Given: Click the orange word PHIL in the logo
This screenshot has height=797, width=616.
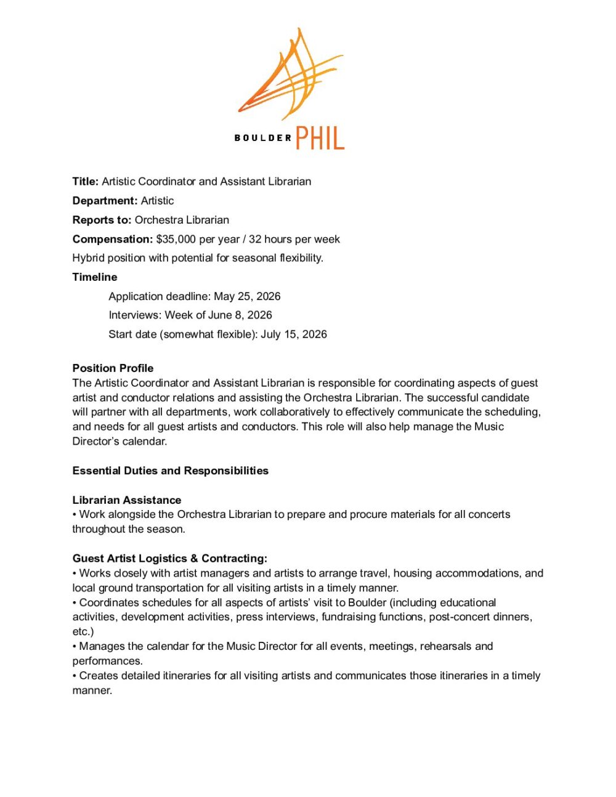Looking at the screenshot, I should pos(320,138).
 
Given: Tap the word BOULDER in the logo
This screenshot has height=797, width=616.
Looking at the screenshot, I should pos(262,138).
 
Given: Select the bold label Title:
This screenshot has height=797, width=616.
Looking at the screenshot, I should pos(86,182).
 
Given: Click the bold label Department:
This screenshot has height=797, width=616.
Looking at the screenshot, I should pos(105,201).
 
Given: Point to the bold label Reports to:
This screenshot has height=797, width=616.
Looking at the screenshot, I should pos(102,220).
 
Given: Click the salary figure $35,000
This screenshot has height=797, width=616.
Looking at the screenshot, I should pos(176,239).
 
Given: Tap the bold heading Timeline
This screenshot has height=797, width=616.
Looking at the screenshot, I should pos(95,277).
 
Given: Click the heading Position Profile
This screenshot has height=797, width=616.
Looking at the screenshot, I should pos(113,368).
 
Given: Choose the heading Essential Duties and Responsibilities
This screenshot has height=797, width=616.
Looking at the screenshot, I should pos(171,471).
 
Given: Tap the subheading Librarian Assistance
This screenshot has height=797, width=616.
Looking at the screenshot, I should pos(127,500).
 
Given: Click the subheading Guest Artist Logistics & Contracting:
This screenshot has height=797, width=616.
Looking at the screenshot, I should pos(170,559).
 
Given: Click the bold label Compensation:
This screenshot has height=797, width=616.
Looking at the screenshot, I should pos(113,239).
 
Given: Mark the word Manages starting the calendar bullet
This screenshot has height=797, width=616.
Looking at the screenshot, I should pos(102,646).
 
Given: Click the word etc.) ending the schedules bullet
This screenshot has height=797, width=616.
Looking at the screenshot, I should pos(83,631).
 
